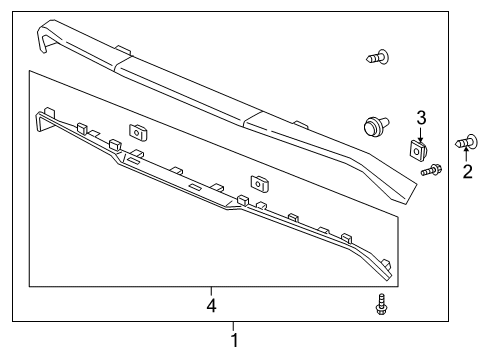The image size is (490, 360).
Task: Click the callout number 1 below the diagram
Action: (235, 340)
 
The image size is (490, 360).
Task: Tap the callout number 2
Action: (467, 171)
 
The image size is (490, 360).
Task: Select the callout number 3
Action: (422, 117)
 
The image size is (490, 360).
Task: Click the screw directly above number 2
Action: (466, 142)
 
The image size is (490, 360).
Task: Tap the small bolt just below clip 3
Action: (430, 172)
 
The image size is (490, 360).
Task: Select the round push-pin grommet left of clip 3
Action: (375, 127)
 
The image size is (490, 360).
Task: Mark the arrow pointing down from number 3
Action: (422, 133)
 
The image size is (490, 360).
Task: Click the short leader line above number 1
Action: (235, 325)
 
